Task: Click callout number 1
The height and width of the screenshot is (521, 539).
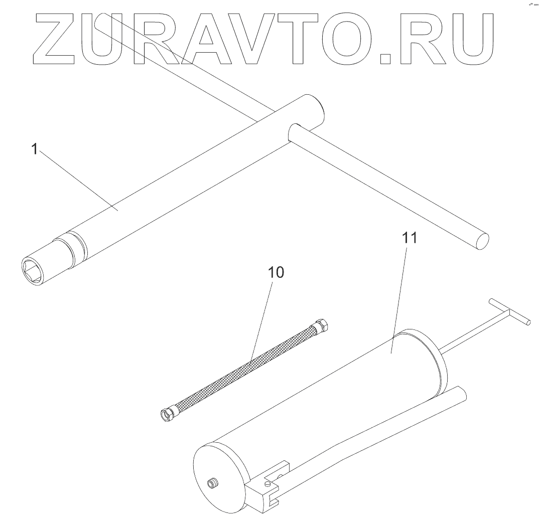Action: [x=35, y=149]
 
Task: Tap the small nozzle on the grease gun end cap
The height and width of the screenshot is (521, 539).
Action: [x=213, y=483]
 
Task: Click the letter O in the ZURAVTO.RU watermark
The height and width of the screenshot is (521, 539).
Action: [x=347, y=40]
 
